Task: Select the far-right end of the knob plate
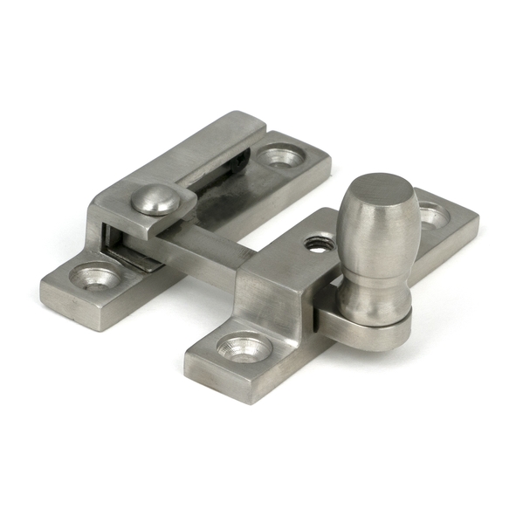[x=476, y=218]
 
